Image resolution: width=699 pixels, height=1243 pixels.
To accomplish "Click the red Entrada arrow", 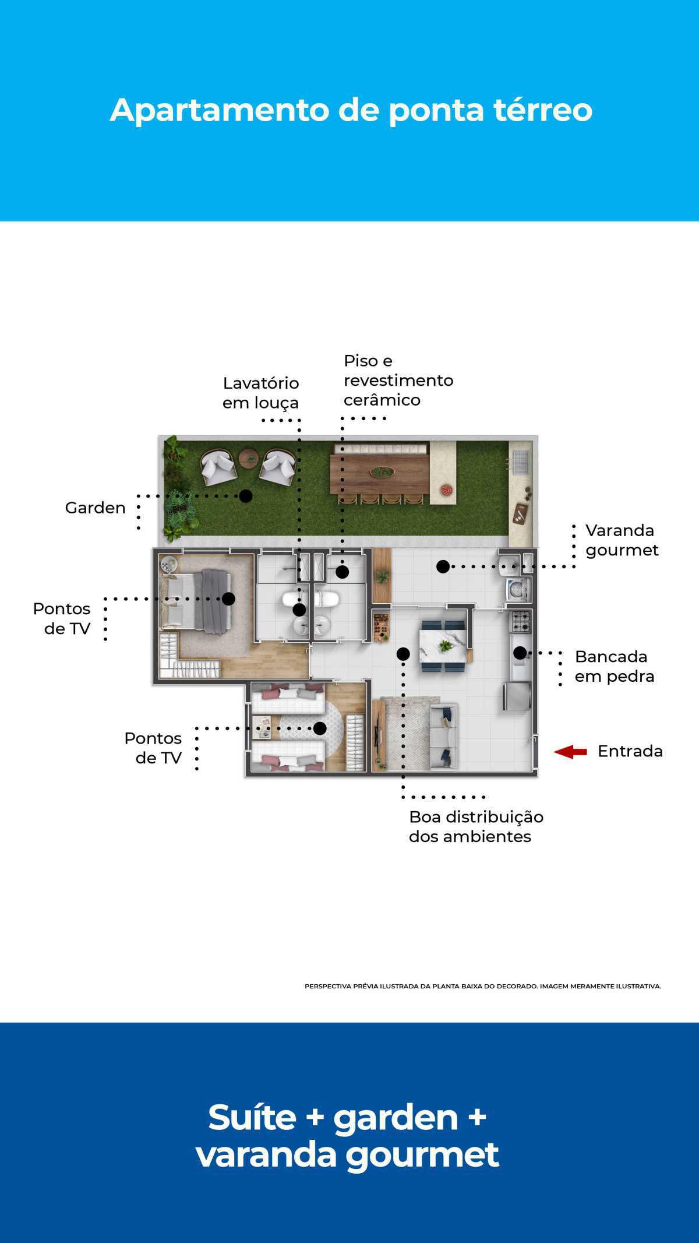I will (570, 752).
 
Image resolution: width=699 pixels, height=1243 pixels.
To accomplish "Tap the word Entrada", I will (630, 751).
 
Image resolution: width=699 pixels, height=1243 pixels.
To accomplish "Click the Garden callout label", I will (95, 508).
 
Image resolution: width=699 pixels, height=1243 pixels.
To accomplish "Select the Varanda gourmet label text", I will (622, 540).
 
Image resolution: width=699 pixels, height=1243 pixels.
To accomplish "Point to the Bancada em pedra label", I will (614, 666).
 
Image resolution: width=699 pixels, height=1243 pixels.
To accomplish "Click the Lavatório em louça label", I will (260, 393).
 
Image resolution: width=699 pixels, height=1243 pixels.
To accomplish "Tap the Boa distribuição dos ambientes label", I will (475, 826).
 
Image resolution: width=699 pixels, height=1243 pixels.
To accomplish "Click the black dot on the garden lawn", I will (246, 496).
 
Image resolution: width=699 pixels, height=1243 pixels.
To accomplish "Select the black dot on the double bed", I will (228, 598).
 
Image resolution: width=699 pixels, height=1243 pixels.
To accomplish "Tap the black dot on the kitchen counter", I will (520, 653).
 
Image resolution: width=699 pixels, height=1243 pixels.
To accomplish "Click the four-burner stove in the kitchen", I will (520, 622).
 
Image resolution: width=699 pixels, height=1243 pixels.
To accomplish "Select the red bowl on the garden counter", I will (447, 490).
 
